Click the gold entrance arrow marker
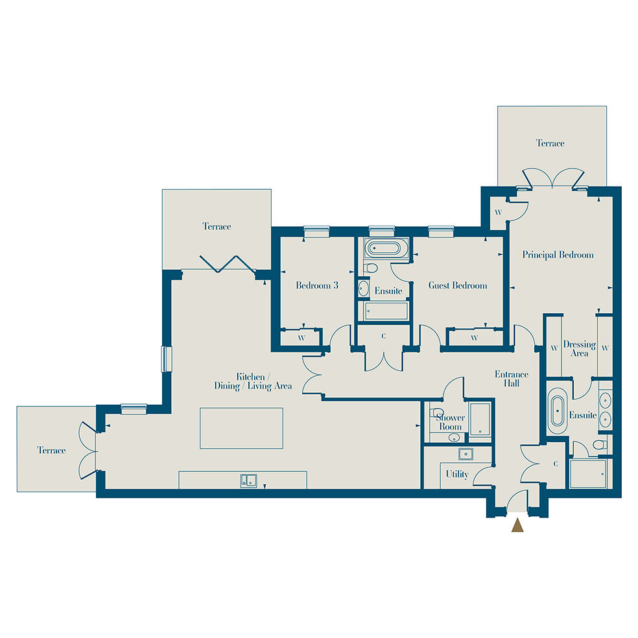[x=517, y=525]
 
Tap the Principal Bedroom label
[x=558, y=255]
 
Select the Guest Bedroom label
[x=458, y=285]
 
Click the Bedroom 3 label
[x=317, y=285]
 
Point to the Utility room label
[x=457, y=474]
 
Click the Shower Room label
[x=451, y=422]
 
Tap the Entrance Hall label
[x=512, y=379]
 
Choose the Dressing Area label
[x=580, y=349]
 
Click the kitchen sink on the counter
[x=248, y=480]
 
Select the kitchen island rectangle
[x=241, y=428]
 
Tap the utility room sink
[x=466, y=454]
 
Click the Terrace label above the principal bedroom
[x=550, y=143]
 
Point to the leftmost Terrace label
[x=51, y=450]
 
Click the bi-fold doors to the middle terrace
[x=228, y=264]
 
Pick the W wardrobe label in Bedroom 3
[x=301, y=338]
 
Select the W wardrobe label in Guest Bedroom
[x=474, y=338]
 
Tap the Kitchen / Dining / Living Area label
[x=253, y=381]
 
